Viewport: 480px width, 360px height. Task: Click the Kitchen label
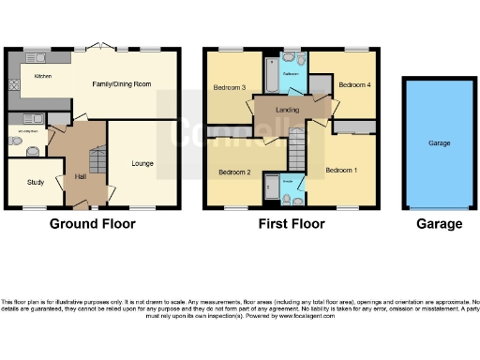click(x=43, y=75)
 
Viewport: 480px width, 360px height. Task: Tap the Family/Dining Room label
click(x=122, y=84)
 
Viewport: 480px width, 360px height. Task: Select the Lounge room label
click(x=142, y=163)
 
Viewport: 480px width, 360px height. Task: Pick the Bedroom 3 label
click(x=230, y=88)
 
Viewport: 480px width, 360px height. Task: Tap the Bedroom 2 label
click(x=235, y=172)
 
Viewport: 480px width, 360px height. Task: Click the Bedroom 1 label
click(x=342, y=170)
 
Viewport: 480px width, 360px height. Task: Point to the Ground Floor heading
click(x=92, y=224)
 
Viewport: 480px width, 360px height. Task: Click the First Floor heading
click(x=292, y=224)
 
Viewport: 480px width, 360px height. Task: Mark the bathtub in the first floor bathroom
click(x=270, y=73)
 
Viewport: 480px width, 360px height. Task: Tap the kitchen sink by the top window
click(x=39, y=57)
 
